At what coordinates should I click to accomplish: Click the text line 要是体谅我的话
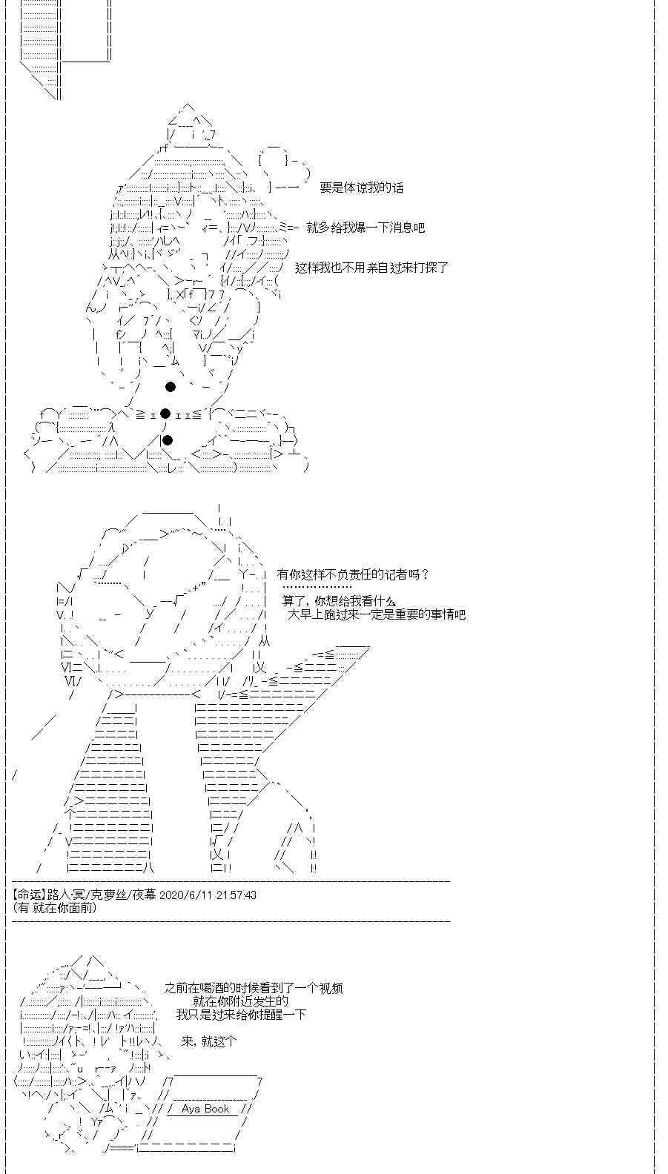coord(361,188)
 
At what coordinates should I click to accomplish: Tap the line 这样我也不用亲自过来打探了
coord(371,268)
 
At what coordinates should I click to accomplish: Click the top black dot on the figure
coord(171,386)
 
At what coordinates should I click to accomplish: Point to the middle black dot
coord(165,414)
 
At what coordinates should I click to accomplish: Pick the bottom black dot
coord(168,440)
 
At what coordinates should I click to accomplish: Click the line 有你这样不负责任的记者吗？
coord(353,574)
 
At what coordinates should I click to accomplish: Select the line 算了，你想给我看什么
coord(339,601)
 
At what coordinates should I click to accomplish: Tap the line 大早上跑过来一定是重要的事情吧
coord(376,614)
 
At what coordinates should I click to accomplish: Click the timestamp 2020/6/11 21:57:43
coord(208,895)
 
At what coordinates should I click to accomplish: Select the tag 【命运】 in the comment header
coord(29,895)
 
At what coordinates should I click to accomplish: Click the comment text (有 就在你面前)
coord(54,908)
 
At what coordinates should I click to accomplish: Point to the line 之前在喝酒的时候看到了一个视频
coord(253,989)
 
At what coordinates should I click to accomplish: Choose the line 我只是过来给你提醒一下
coord(241,1015)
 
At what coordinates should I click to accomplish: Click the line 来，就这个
coord(208,1041)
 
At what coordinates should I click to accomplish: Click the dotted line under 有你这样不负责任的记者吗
coord(317,587)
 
